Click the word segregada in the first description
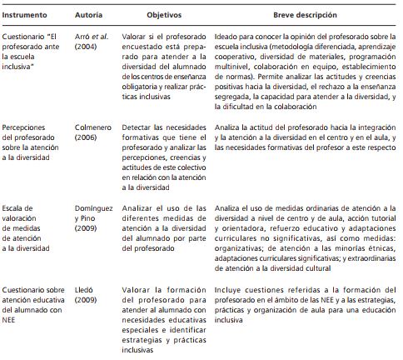pos(232,98)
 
